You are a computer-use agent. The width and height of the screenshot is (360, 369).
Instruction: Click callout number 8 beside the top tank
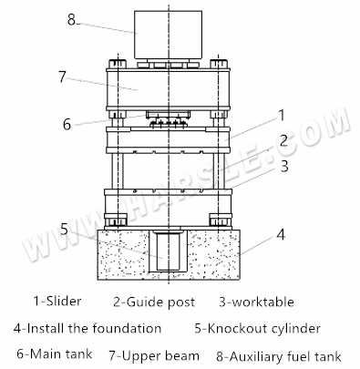pyautogui.click(x=71, y=20)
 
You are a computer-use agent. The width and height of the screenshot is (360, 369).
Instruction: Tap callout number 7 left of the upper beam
pyautogui.click(x=62, y=77)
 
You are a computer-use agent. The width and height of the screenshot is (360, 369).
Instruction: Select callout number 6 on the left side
pyautogui.click(x=67, y=124)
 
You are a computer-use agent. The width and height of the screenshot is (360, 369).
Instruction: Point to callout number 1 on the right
pyautogui.click(x=282, y=115)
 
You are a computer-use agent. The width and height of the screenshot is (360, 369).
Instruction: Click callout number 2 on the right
pyautogui.click(x=283, y=140)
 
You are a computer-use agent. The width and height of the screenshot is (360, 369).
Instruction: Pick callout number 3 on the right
pyautogui.click(x=284, y=166)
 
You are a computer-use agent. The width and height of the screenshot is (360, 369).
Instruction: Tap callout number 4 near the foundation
pyautogui.click(x=281, y=234)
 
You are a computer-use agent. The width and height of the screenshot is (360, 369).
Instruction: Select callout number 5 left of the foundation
pyautogui.click(x=64, y=229)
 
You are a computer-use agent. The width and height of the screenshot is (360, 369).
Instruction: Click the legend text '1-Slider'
pyautogui.click(x=57, y=302)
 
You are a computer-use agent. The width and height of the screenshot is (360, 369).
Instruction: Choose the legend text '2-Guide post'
pyautogui.click(x=154, y=302)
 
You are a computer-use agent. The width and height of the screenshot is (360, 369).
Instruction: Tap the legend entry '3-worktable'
pyautogui.click(x=257, y=302)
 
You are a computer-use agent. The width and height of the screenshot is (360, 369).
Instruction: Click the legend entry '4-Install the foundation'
pyautogui.click(x=87, y=328)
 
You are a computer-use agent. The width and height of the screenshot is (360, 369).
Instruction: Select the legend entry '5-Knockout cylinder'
pyautogui.click(x=258, y=329)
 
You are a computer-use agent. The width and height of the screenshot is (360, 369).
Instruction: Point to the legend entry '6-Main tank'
pyautogui.click(x=55, y=354)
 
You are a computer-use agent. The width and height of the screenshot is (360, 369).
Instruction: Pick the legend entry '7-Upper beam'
pyautogui.click(x=154, y=355)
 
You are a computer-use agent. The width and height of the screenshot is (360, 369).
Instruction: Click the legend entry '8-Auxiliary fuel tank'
pyautogui.click(x=279, y=356)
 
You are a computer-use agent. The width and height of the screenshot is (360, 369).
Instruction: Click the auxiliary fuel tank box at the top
pyautogui.click(x=169, y=35)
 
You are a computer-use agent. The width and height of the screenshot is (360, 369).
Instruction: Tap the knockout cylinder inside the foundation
pyautogui.click(x=169, y=251)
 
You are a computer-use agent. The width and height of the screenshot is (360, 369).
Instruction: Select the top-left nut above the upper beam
pyautogui.click(x=118, y=64)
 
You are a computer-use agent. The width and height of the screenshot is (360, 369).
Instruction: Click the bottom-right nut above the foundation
pyautogui.click(x=219, y=220)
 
